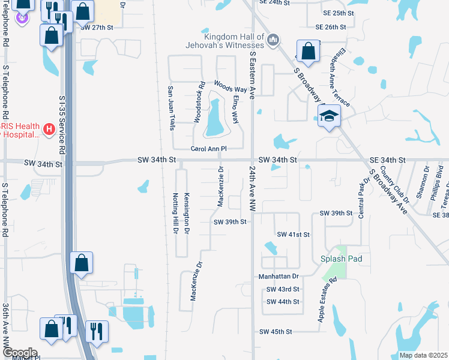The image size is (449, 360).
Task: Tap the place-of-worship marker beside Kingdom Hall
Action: point(273,40)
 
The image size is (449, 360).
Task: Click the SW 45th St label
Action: point(276,331)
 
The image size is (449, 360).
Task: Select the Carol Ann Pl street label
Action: point(208,148)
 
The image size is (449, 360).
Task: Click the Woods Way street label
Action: point(231,88)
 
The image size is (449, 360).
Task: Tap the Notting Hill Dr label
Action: point(176,213)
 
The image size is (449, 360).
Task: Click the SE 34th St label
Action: point(388,160)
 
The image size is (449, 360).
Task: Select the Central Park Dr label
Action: point(362,198)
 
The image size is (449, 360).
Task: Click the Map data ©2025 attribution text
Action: point(423,355)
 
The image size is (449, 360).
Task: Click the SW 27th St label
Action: point(97,28)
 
